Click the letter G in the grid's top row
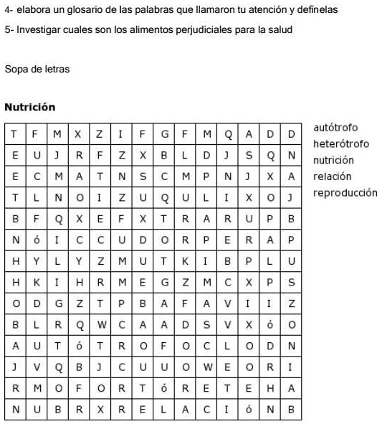click(164, 133)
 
